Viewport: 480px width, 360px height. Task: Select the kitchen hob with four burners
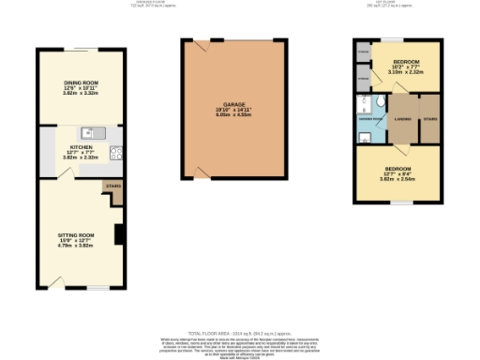[x=115, y=153]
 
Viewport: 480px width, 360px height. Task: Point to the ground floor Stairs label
[x=113, y=187]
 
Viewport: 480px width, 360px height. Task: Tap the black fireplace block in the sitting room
[x=119, y=233]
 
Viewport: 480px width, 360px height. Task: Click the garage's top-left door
[x=201, y=45]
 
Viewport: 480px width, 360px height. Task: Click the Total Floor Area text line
[x=240, y=334]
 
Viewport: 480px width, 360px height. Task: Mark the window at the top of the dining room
[x=81, y=49]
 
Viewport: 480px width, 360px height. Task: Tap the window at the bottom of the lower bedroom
[x=401, y=202]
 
